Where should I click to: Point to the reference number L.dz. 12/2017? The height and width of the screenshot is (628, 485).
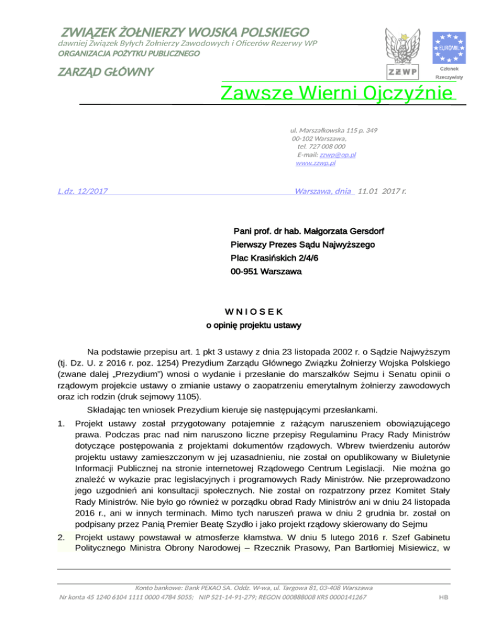81,190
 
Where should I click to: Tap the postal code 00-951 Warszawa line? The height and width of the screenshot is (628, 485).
266,272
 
